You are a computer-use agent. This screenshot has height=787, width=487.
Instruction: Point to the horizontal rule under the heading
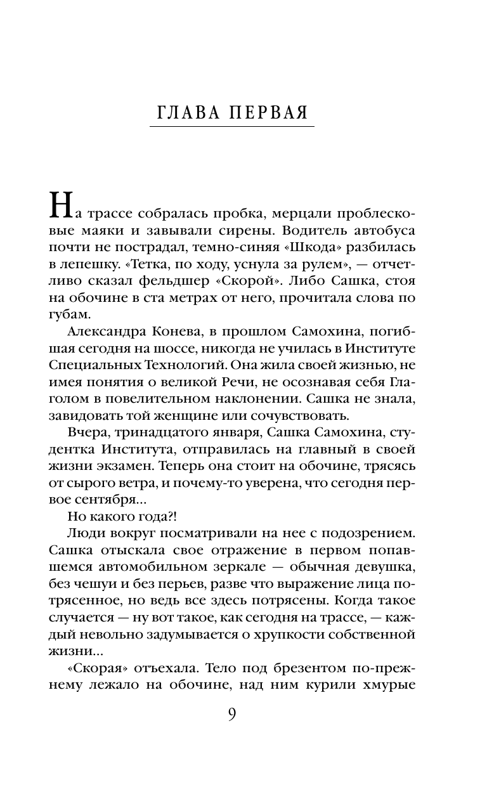pyautogui.click(x=232, y=127)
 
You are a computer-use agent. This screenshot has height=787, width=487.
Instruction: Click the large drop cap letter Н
pyautogui.click(x=58, y=204)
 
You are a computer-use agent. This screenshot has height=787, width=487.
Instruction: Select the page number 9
pyautogui.click(x=231, y=714)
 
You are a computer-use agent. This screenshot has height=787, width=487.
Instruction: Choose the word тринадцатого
pyautogui.click(x=151, y=433)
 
